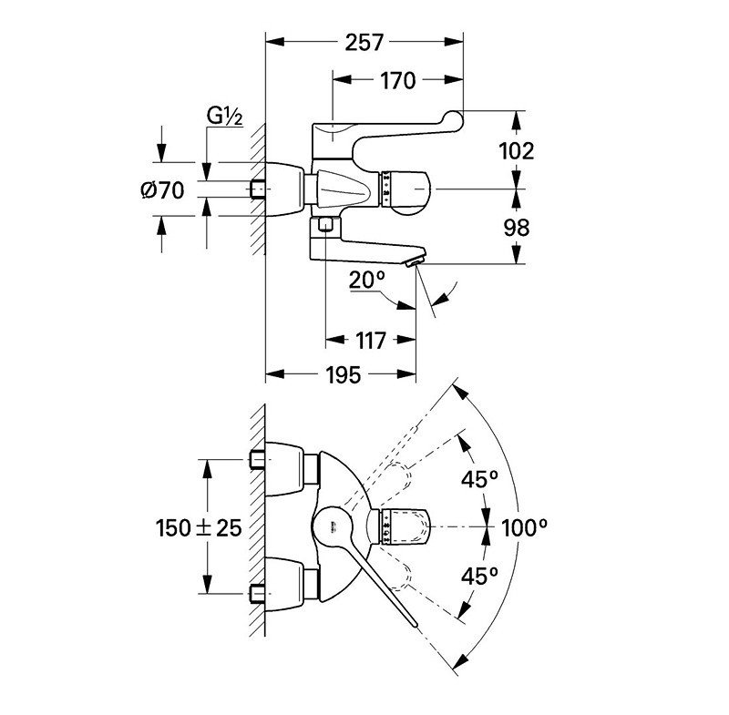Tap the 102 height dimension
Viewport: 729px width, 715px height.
click(x=517, y=150)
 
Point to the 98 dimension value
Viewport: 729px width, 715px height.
click(x=517, y=227)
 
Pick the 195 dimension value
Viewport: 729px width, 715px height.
click(x=341, y=374)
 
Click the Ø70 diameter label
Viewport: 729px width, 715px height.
click(x=163, y=190)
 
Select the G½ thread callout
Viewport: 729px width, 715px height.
click(x=223, y=116)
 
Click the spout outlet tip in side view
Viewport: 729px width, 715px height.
click(x=415, y=263)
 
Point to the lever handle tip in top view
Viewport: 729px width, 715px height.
click(x=415, y=624)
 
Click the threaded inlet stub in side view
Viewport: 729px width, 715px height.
click(x=260, y=189)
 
